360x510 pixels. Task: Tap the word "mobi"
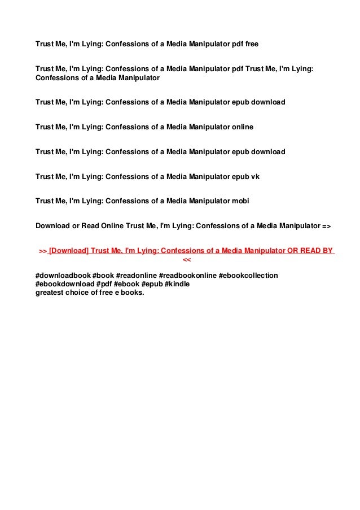240,201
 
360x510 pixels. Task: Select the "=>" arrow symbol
326,226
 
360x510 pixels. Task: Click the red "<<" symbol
187,260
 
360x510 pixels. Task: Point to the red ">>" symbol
42,251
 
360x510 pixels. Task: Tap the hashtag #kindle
177,284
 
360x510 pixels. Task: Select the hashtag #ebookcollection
248,275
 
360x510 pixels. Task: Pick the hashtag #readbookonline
187,275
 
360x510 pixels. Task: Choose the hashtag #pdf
104,284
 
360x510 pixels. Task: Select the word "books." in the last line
134,293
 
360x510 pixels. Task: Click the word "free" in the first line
251,43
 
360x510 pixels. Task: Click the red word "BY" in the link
327,251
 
